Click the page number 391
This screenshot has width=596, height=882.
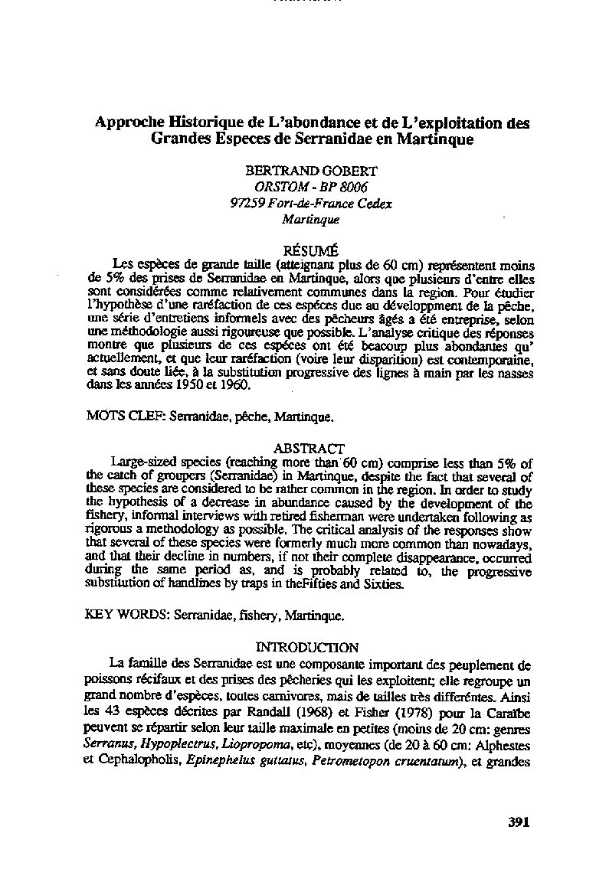pyautogui.click(x=519, y=822)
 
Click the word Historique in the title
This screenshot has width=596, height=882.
pyautogui.click(x=195, y=123)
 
